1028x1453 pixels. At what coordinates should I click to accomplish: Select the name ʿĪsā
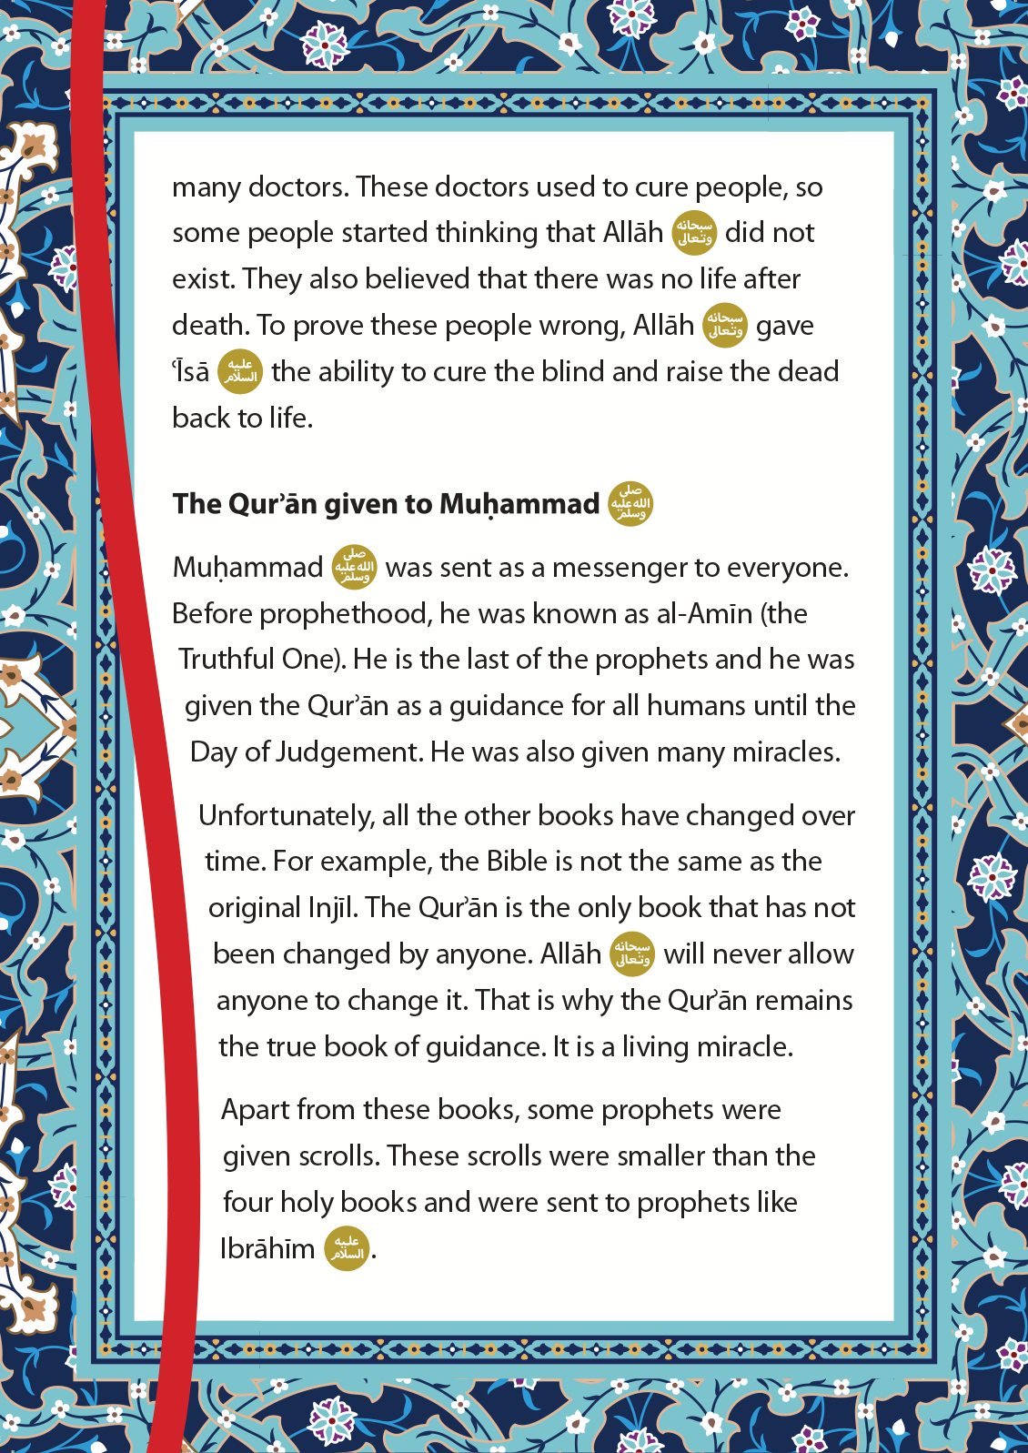pos(191,372)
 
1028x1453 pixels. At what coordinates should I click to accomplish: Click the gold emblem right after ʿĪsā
pos(240,371)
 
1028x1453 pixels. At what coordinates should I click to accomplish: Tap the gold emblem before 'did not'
pos(694,232)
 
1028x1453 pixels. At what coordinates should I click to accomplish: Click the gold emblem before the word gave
pos(725,325)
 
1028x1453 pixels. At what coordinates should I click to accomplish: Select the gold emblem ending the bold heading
pos(630,503)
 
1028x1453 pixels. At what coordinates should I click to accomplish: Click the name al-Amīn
pos(704,614)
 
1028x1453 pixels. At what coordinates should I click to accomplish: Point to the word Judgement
pos(348,752)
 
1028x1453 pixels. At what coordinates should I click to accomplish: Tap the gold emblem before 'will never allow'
pos(632,954)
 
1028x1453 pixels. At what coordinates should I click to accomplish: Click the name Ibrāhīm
pos(267,1249)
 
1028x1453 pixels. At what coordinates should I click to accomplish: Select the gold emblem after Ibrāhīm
pos(347,1248)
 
